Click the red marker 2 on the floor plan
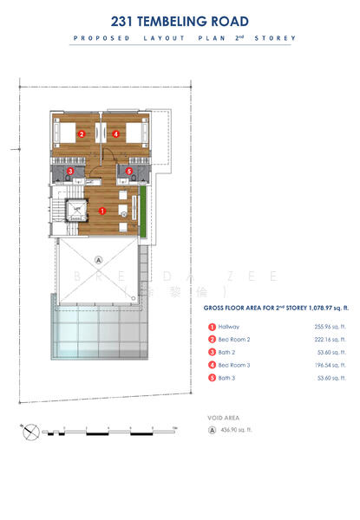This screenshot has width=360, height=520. coord(81,133)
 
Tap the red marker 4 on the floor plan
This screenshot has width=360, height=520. coord(115,133)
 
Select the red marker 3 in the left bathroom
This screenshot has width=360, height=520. coord(70,172)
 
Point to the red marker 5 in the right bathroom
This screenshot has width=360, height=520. coord(129,172)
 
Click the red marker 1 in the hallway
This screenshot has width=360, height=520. coord(102,211)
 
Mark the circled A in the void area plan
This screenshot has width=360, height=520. coord(99,258)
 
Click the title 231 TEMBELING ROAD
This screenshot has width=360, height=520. coord(180,21)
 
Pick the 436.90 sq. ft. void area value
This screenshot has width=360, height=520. coord(236,430)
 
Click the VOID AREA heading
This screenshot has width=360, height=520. coord(223,416)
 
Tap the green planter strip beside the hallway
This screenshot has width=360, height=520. coord(141,209)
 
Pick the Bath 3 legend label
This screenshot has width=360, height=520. coord(228,379)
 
